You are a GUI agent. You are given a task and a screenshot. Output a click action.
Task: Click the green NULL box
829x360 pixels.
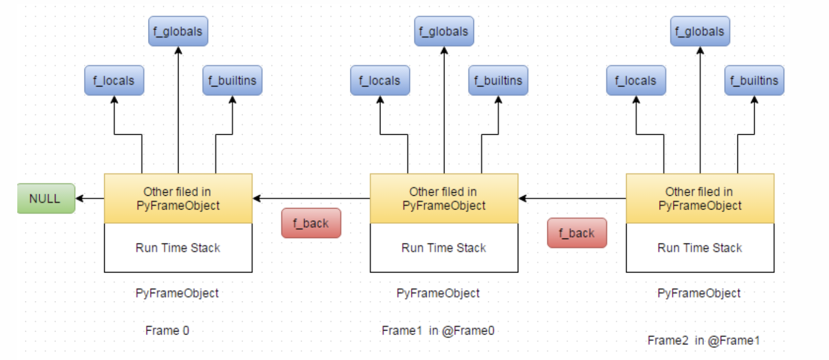tap(46, 198)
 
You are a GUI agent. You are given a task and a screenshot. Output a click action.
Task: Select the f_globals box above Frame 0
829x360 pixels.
tap(178, 31)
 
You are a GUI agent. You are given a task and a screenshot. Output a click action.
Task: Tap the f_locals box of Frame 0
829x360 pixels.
tap(114, 80)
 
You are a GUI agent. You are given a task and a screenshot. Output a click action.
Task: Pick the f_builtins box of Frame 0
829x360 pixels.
tap(232, 80)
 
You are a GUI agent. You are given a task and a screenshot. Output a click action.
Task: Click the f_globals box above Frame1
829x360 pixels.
tap(443, 31)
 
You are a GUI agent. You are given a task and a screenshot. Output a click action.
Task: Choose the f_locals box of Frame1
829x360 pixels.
tap(380, 80)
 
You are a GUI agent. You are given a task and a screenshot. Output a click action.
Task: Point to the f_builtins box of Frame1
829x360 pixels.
tap(498, 80)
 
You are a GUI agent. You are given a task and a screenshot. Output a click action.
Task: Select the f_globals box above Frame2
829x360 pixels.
tap(700, 31)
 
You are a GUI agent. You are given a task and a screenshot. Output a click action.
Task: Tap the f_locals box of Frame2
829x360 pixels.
tap(636, 80)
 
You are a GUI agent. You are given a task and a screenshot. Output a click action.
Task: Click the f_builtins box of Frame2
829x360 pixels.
tap(754, 80)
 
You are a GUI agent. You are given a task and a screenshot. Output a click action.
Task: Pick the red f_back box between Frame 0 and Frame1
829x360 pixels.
tap(311, 223)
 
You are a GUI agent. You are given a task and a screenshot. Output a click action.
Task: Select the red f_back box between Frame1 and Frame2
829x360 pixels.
tap(577, 233)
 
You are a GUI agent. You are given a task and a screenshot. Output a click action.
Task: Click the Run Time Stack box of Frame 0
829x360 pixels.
tap(178, 248)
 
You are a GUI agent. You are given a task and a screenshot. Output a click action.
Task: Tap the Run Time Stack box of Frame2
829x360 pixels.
tap(700, 248)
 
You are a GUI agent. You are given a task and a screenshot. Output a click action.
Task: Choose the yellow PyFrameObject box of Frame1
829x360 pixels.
tap(444, 198)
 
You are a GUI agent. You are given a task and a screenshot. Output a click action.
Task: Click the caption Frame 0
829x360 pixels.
tap(167, 331)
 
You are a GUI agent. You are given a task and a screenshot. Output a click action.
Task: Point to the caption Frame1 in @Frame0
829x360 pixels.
tap(438, 331)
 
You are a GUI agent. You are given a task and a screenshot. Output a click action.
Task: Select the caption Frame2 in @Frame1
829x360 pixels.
tap(703, 340)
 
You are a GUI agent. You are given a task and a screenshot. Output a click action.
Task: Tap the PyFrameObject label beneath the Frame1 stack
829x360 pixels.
tap(438, 293)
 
